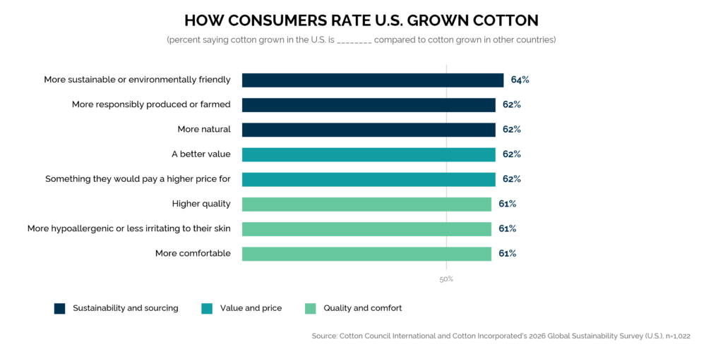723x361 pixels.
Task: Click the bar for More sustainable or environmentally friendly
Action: (x=373, y=80)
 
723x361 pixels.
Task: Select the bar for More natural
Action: (x=369, y=130)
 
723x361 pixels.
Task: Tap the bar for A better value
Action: (x=369, y=154)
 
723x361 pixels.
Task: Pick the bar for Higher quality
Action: (x=366, y=204)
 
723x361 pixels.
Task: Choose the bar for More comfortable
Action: (x=366, y=254)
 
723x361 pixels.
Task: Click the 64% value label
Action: (x=520, y=80)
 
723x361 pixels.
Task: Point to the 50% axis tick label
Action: (x=446, y=279)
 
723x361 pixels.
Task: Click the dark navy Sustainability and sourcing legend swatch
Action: (x=59, y=309)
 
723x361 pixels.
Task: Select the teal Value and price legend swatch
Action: (x=207, y=309)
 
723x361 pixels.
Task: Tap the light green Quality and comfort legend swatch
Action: (x=311, y=309)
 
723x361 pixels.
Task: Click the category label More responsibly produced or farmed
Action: (x=151, y=104)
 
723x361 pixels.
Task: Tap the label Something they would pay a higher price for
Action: (x=138, y=179)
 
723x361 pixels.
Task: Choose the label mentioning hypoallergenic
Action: (x=129, y=229)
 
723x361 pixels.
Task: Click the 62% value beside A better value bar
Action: (x=512, y=154)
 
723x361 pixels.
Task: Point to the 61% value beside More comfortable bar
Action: (x=507, y=254)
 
